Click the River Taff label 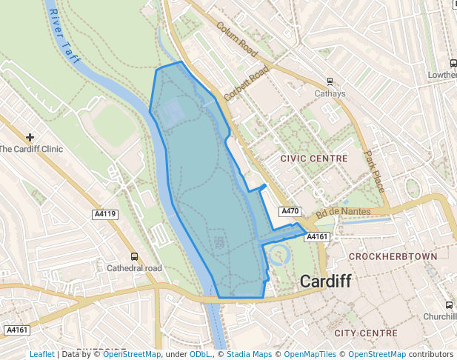coord(63,37)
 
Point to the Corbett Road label coord(246,83)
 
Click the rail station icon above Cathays coord(330,82)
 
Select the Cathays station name coord(330,94)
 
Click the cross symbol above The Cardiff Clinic coord(30,137)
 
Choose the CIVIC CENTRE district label coord(314,159)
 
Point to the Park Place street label coord(374,172)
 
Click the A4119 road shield coord(105,214)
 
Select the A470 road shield coord(290,212)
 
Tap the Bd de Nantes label coord(343,213)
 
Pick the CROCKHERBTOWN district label coord(393,256)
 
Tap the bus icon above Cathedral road coord(134,256)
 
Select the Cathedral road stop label coord(134,268)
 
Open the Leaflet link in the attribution coord(41,355)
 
